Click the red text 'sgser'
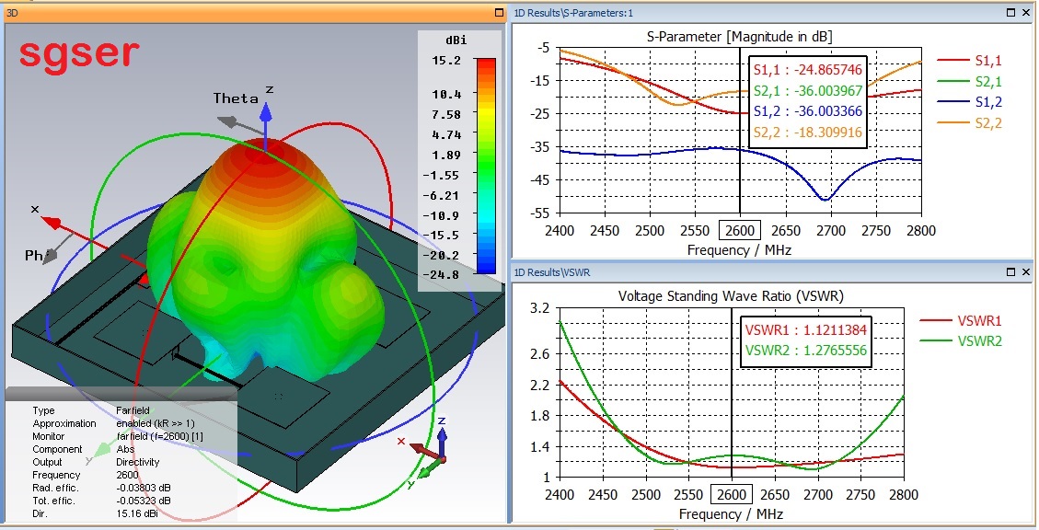79,53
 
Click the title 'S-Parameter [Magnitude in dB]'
740,36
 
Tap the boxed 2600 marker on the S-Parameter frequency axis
740,229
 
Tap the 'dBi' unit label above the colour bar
454,40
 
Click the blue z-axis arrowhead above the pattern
265,111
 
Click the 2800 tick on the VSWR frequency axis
904,495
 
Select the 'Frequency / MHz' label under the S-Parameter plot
739,249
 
